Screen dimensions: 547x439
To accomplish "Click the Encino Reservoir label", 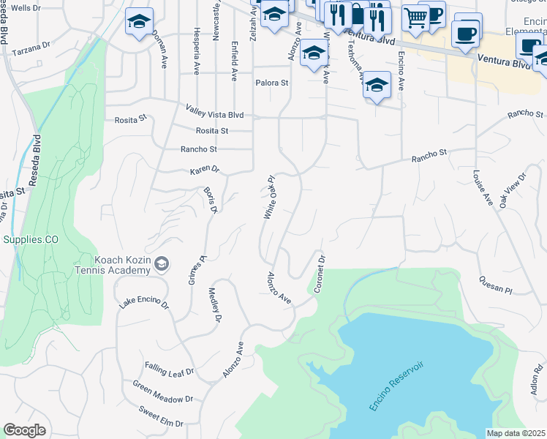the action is coord(397,385).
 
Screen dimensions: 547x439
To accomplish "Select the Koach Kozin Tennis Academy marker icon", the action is coord(162,263).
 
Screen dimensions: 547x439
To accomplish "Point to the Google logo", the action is coord(24,430).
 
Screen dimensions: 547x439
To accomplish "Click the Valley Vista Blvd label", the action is coord(214,115).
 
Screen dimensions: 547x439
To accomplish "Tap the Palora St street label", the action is coord(271,83).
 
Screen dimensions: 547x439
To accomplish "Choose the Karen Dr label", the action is coord(205,170).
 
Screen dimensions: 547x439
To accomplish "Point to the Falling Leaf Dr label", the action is coord(169,370).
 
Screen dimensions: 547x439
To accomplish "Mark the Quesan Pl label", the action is coord(496,284).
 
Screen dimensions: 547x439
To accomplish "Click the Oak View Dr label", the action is coord(513,191).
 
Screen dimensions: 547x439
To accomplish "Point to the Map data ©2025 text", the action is coord(516,433).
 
